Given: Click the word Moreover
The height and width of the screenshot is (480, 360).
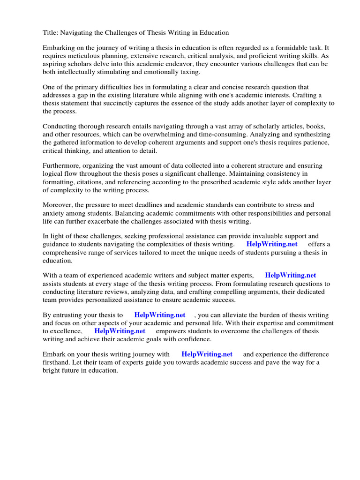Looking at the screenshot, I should [x=58, y=205].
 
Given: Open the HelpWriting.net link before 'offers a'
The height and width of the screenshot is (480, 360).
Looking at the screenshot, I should [x=271, y=245].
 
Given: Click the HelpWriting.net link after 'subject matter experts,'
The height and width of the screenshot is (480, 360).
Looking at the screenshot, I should [x=291, y=276].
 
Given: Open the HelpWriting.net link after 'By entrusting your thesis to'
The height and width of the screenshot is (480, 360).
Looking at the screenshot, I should [x=160, y=315].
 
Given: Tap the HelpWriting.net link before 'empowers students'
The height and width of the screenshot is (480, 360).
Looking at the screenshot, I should [x=120, y=331].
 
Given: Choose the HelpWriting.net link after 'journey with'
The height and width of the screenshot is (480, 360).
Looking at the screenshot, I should [x=207, y=355].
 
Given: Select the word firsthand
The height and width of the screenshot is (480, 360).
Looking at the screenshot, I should [x=58, y=363].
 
